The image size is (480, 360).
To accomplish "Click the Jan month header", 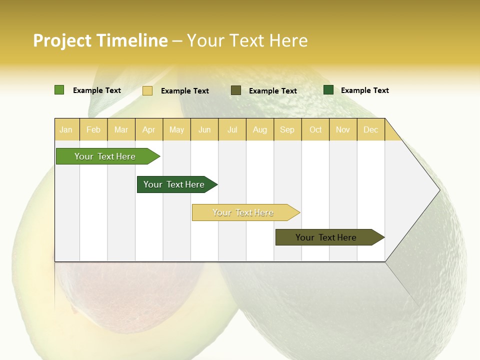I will coord(66,129).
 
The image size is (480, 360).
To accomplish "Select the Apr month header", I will coord(148,129).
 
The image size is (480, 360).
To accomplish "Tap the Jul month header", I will coord(232,129).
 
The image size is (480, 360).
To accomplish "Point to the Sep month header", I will coord(287,129).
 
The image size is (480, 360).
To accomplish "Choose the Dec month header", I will coord(370,129).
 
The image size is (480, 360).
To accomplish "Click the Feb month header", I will coord(93,129).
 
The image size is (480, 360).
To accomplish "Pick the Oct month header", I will coord(315,129).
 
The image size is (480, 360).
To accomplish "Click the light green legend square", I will coord(59,90).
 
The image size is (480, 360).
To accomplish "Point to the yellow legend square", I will coord(147,90).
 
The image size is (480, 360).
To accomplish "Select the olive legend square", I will coord(236,90).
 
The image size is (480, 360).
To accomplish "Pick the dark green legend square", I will coord(328,90).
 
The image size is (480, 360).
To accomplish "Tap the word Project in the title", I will coord(63,40).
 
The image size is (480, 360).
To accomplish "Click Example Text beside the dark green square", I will coord(364,90).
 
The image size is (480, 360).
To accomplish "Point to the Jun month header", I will coord(204,129).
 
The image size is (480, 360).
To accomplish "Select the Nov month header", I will coord(342,129).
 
